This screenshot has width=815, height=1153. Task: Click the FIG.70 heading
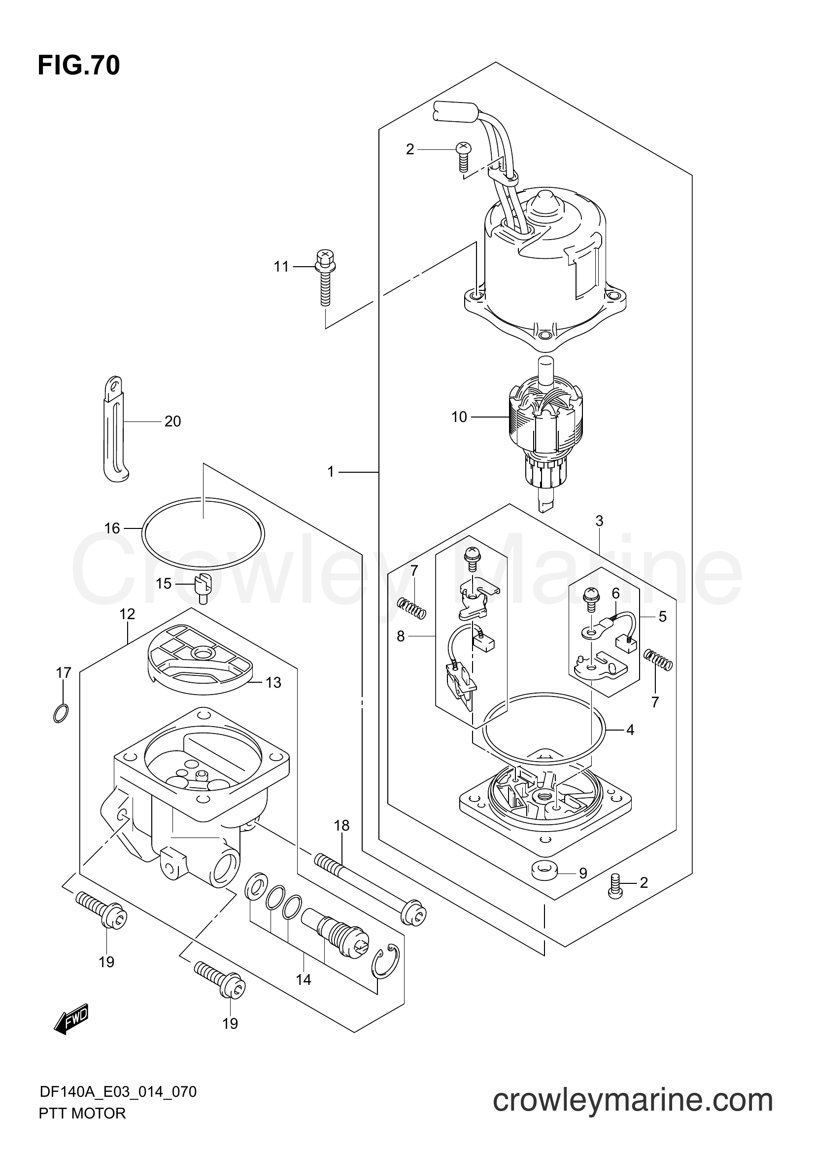(79, 65)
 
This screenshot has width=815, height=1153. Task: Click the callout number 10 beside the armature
(459, 417)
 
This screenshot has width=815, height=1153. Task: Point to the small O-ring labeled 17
(61, 713)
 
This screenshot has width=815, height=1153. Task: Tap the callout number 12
(128, 614)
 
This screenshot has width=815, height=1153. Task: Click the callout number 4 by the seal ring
(630, 730)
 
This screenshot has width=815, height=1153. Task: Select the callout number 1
(330, 472)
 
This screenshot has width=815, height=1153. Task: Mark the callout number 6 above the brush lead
(616, 594)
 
